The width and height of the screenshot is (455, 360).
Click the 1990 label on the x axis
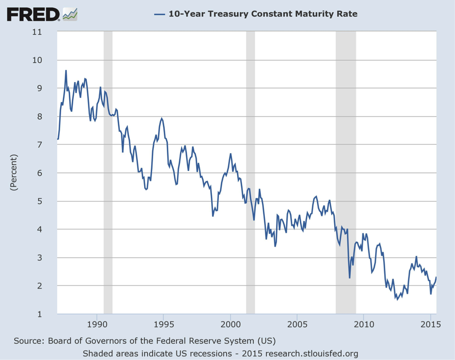97,324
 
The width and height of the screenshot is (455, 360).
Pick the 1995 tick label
163,324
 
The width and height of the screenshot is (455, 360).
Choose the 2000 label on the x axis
230,324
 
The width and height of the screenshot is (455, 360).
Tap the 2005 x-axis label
297,324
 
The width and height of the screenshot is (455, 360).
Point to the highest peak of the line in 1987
66,70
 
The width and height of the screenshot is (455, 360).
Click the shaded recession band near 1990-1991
108,172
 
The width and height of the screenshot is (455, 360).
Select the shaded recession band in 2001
250,172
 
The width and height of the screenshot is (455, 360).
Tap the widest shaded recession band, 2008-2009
346,172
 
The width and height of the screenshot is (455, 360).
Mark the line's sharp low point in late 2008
350,278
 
